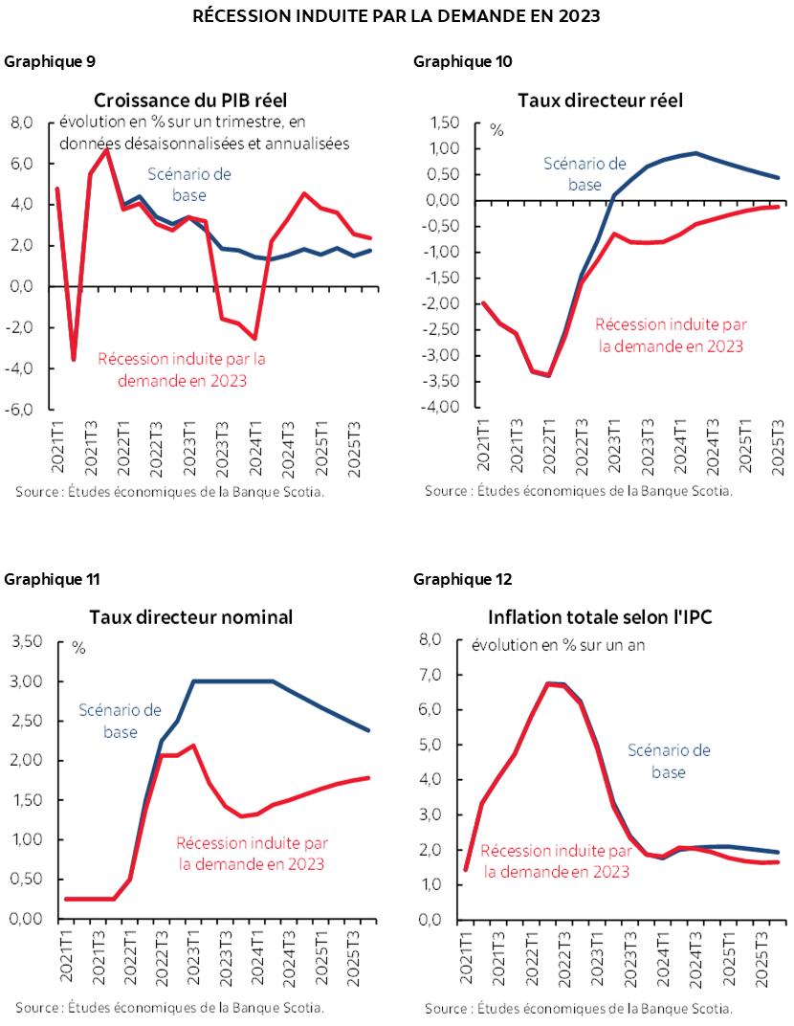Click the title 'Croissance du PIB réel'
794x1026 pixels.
click(x=189, y=100)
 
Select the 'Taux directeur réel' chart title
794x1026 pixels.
click(x=600, y=100)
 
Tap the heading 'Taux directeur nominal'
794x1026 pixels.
click(x=190, y=617)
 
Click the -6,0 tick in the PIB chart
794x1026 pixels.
click(x=22, y=409)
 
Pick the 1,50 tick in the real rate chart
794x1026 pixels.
click(x=444, y=123)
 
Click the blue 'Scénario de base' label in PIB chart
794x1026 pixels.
click(x=189, y=185)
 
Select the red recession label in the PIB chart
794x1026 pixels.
click(x=182, y=370)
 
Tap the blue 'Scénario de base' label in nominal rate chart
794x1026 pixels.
click(x=121, y=721)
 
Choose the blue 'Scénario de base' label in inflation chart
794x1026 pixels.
click(x=670, y=760)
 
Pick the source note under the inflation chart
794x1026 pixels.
click(x=579, y=1008)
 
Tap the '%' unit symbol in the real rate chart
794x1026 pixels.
click(x=496, y=130)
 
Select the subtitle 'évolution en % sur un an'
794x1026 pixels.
click(x=558, y=644)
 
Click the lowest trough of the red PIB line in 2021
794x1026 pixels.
click(x=74, y=360)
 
